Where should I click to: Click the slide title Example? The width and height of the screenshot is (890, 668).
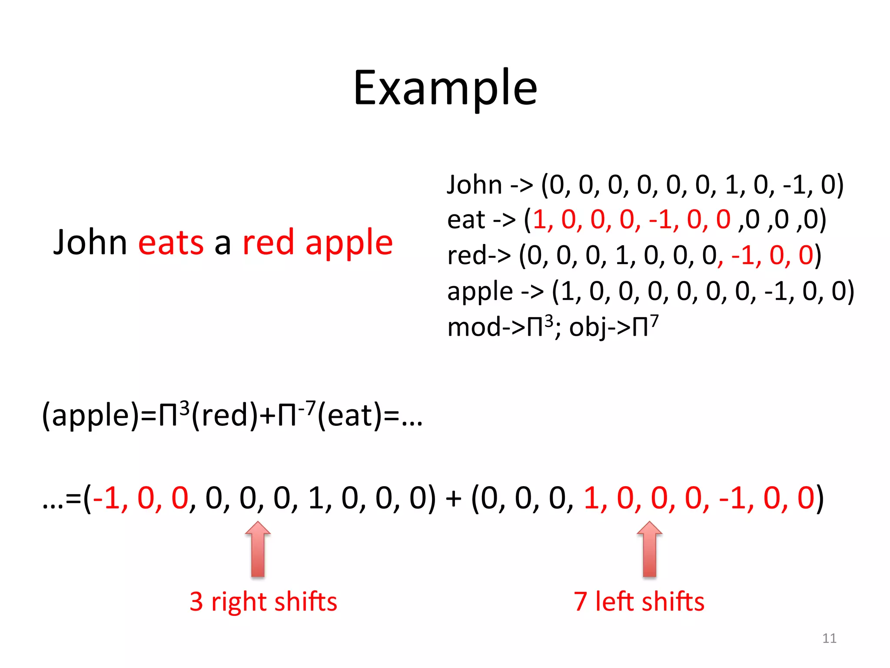(445, 89)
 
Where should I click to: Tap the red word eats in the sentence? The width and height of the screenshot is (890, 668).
(171, 243)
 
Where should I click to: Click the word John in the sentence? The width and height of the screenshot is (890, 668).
(90, 243)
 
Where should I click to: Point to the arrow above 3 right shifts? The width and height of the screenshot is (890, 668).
(258, 549)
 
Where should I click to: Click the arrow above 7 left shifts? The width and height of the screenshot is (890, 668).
(649, 549)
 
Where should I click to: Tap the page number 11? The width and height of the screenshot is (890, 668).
(829, 638)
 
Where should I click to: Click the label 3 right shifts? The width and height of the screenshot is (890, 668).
(263, 602)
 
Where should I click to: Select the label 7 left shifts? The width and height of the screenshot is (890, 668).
(639, 602)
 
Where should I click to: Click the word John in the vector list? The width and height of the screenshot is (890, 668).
(475, 185)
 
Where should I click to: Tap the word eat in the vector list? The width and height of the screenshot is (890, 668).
(466, 220)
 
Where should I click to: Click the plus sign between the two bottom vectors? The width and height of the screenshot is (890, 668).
(453, 498)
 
